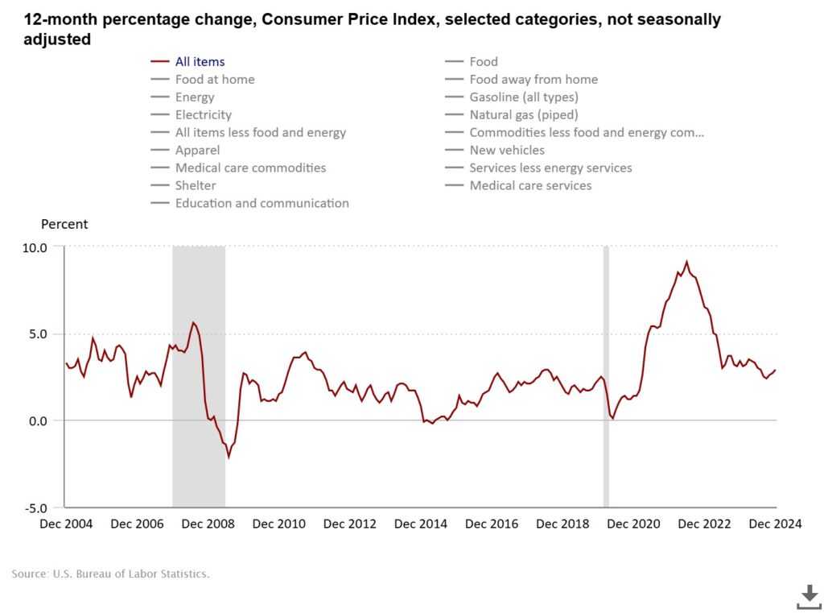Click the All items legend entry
pos(200,61)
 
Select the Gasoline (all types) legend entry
pos(523,97)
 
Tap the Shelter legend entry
pos(196,185)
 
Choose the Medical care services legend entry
pos(530,185)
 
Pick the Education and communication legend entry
pos(262,203)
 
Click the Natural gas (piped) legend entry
pos(523,114)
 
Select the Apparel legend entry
pos(197,150)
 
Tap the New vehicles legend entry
pos(507,150)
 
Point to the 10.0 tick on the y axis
pos(34,246)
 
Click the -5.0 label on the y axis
pos(34,507)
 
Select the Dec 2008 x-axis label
pos(208,524)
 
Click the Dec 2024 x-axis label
pos(775,524)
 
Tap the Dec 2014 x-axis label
pos(421,524)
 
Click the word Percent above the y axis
pos(64,224)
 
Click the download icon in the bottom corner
pos(808,596)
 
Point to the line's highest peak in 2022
pos(686,262)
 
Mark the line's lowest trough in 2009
pos(229,457)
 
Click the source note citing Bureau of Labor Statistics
pos(110,574)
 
